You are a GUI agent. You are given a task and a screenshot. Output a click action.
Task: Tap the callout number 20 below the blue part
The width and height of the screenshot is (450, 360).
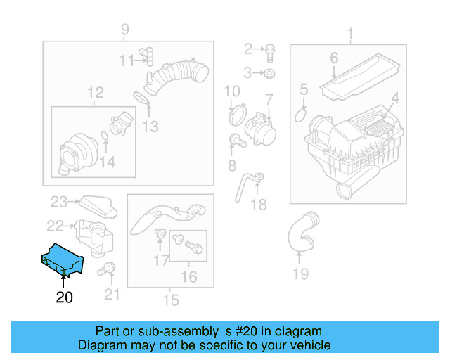click(x=64, y=297)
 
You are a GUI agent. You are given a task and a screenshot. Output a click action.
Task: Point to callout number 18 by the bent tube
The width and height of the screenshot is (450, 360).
click(x=259, y=204)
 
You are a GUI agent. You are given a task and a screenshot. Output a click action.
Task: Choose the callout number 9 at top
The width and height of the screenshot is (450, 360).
click(x=125, y=30)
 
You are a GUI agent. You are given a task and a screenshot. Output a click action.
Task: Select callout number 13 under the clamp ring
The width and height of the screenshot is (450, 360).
click(x=150, y=127)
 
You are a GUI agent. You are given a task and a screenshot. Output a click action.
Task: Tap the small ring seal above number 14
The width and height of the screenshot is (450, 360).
click(x=104, y=136)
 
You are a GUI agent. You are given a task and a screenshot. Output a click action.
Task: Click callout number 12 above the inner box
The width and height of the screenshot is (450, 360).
click(x=95, y=92)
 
